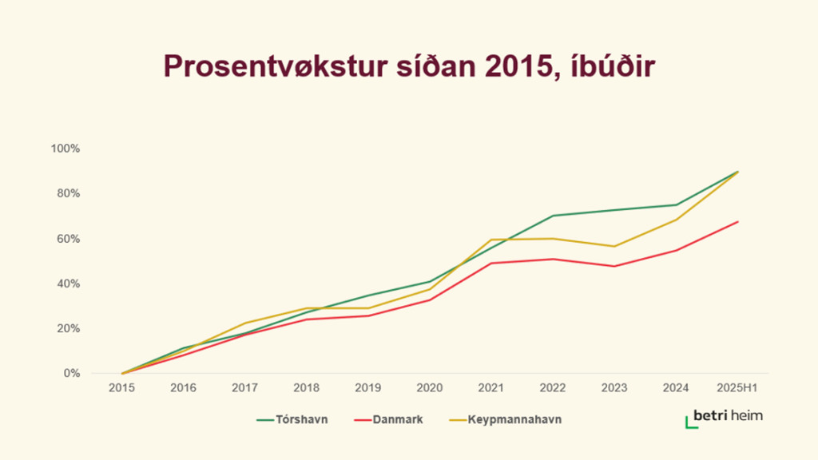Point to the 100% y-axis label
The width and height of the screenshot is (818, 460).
point(66,149)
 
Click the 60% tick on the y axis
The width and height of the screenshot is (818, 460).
point(68,239)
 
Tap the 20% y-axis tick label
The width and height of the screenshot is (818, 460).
point(68,328)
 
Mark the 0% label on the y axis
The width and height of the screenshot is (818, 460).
point(71,373)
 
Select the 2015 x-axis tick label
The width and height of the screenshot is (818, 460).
point(121,387)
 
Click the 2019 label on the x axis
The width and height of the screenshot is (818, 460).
point(368,387)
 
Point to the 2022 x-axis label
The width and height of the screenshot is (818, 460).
point(553,387)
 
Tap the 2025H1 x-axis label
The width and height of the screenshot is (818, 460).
point(737,387)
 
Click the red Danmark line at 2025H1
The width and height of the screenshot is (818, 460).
point(737,221)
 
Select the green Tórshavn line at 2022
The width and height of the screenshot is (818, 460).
point(553,216)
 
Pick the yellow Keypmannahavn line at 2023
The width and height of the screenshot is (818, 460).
point(614,246)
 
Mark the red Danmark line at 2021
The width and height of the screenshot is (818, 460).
point(491,263)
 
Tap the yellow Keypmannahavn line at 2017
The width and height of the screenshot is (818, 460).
point(245,323)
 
